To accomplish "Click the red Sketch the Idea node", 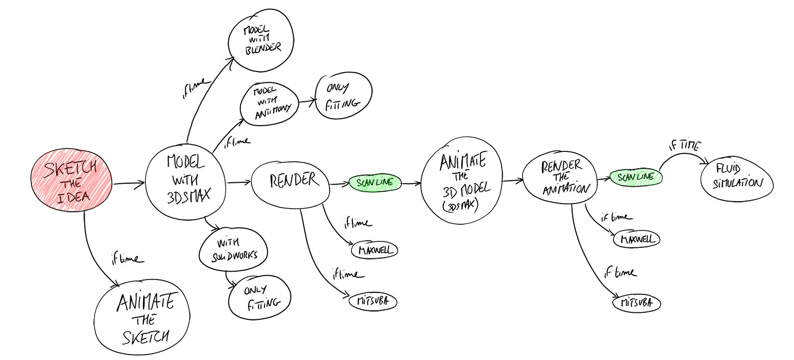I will coord(71,181).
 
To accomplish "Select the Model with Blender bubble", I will coord(261,39).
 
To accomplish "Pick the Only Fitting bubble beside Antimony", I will coord(343,96).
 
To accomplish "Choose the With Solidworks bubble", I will coord(233,250).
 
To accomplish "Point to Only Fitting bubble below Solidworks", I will coord(260,297).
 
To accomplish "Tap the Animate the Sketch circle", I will coord(142,318).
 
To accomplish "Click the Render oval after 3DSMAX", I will coord(291,181).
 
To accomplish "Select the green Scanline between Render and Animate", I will coord(375,183).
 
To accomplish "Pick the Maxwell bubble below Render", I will coord(375,250).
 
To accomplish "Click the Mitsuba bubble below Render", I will coord(373,301).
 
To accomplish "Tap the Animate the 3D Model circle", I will coord(462,180).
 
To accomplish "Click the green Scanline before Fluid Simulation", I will coord(636,177).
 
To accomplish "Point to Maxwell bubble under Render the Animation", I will coord(637,239).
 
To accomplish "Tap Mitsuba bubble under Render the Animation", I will coord(637,302).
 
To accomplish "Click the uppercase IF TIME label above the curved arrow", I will coord(684,145).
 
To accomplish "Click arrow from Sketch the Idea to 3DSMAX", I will coord(128,184).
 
